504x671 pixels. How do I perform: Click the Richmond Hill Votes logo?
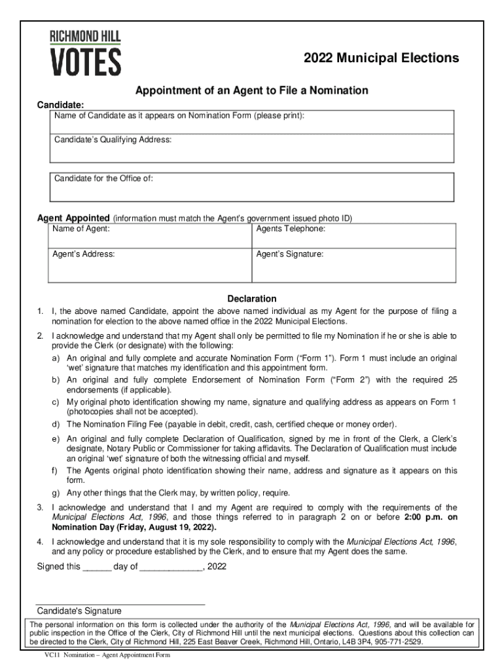(x=85, y=52)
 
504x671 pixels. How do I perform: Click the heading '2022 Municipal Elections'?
(x=381, y=58)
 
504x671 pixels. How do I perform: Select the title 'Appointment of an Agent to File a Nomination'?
(x=251, y=90)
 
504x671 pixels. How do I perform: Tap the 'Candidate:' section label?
(x=60, y=105)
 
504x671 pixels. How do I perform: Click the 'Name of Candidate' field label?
(x=179, y=116)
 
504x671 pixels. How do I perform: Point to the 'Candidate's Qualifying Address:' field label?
(x=113, y=140)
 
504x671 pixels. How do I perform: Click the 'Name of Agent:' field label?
(x=82, y=229)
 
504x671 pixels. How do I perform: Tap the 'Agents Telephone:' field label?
(x=291, y=229)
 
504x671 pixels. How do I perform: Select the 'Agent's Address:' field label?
(x=84, y=253)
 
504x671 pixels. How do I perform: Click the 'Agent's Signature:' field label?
(x=289, y=253)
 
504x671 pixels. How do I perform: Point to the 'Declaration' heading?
(x=251, y=299)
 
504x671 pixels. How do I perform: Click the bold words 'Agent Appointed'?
(x=73, y=218)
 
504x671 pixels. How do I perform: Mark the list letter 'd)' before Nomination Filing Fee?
(x=57, y=424)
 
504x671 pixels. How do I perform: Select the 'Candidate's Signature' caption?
(x=79, y=611)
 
